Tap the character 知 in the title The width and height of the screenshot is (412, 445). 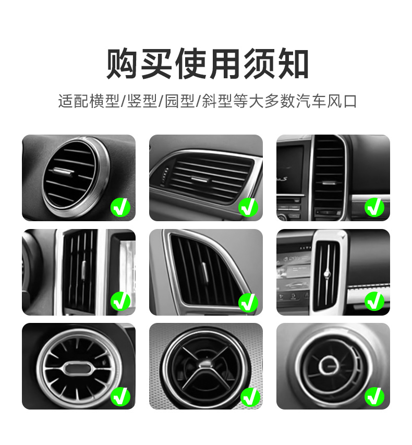coord(293,64)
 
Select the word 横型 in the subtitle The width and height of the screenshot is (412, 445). coord(104,101)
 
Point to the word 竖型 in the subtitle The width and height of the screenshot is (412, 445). coord(143,101)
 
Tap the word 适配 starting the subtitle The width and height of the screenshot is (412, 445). coord(71,101)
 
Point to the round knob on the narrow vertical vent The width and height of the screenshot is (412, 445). coord(327,273)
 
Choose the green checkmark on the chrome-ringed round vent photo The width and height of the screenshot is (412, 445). coord(120,208)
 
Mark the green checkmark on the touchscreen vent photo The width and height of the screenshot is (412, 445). coord(374,302)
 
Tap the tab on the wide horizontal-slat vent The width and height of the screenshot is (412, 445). coord(199,179)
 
